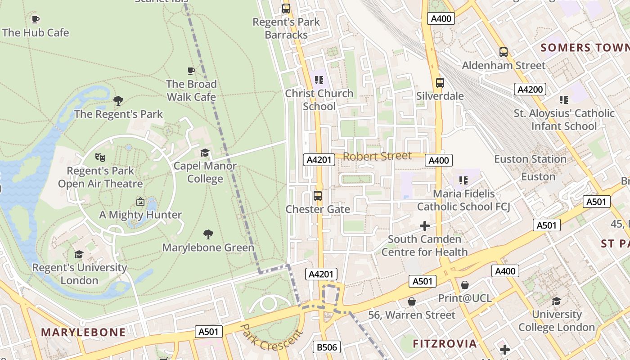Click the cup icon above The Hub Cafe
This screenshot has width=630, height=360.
coord(35,19)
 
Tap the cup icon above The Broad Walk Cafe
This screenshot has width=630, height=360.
coord(191,71)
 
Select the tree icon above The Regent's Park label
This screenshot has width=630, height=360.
coord(118,101)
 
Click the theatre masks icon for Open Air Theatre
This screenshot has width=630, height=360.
coord(100,157)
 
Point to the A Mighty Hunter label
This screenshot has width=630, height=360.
coord(140,215)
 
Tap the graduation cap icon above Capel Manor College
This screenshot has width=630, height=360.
coord(205,153)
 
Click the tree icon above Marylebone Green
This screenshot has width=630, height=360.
coord(208,234)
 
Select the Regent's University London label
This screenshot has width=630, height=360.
coord(80,274)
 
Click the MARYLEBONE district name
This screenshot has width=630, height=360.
coord(83,332)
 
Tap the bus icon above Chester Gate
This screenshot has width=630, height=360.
coord(318,196)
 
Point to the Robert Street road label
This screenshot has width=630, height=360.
coord(377,156)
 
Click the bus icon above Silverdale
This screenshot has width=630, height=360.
coord(440,83)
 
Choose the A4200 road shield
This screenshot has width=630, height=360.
coord(530,89)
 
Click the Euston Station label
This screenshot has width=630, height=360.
coord(530,159)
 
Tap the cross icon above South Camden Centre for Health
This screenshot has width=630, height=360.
coord(424,226)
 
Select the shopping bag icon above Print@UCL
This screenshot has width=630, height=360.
coord(465,285)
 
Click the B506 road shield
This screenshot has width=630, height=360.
coord(326,347)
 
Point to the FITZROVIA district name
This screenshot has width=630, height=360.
coord(445,344)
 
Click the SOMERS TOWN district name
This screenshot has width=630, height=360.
coord(585,48)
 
